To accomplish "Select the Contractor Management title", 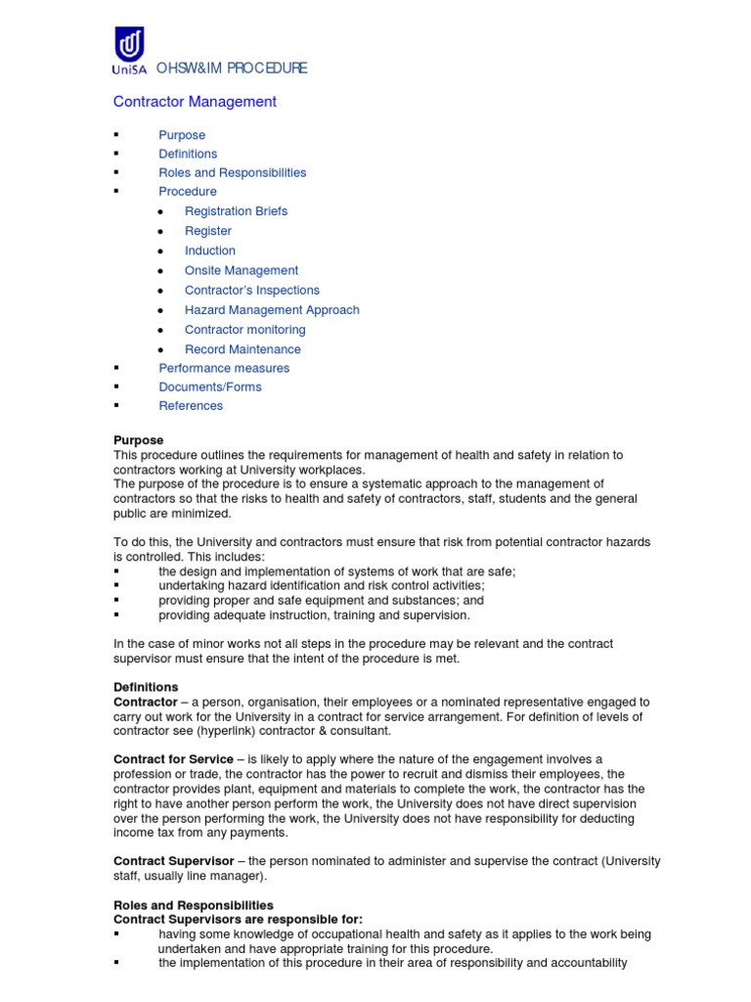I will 195,102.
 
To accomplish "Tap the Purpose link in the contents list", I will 182,135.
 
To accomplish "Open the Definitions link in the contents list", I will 188,154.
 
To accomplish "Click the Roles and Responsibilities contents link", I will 232,172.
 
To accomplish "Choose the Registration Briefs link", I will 236,211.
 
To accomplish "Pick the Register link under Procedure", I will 208,231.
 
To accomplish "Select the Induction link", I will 209,250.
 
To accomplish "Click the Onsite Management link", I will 242,270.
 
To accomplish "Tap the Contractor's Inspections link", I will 251,290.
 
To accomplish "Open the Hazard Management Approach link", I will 272,309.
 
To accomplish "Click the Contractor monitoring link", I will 244,330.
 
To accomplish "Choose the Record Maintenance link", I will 243,349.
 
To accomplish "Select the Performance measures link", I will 224,368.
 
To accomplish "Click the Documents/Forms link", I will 210,387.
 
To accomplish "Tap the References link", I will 191,405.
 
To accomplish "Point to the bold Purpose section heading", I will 139,440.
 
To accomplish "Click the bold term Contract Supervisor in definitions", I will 173,861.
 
